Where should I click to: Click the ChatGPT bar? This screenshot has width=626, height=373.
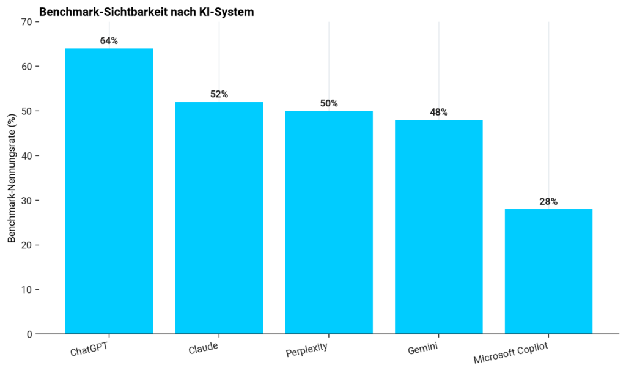[x=109, y=191]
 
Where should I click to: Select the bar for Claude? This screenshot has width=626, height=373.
[x=219, y=218]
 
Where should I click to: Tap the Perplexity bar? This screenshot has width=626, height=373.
[x=329, y=222]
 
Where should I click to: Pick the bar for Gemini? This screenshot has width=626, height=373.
[x=439, y=226]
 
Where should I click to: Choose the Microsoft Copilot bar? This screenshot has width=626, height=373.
[x=548, y=271]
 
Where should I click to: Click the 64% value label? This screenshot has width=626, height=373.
[x=109, y=41]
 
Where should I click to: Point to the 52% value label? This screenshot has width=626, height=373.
[x=219, y=94]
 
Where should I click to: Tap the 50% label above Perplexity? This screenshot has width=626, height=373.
[x=329, y=103]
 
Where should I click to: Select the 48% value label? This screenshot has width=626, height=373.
[x=439, y=113]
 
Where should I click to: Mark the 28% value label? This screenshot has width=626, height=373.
[x=548, y=202]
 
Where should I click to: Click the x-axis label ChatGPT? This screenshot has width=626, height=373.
[x=89, y=349]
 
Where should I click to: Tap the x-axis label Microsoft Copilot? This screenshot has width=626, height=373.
[x=511, y=353]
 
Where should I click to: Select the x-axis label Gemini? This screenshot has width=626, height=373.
[x=423, y=349]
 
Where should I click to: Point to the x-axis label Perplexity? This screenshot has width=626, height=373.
[x=307, y=349]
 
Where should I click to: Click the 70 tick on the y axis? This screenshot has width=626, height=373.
[x=27, y=22]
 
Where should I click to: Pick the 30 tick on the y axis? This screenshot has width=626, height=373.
[x=27, y=201]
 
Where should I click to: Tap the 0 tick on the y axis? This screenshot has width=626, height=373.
[x=29, y=334]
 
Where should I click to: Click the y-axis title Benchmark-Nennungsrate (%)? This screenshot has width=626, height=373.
[x=12, y=178]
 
